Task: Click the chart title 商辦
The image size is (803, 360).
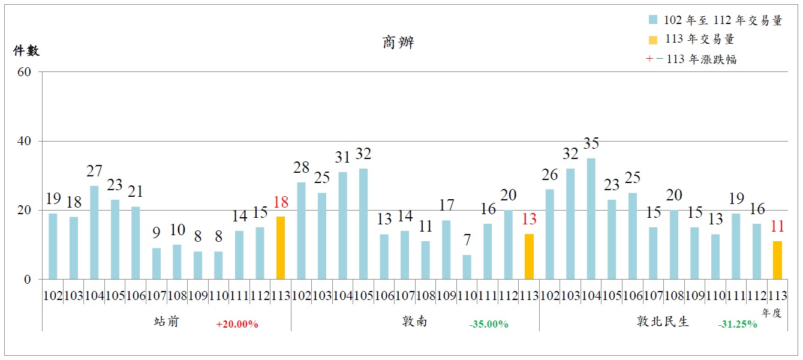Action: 398,43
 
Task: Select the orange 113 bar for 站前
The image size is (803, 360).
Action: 281,248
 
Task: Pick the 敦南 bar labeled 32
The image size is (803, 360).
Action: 363,224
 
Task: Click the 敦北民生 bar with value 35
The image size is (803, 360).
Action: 591,218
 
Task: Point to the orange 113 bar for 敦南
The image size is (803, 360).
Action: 529,257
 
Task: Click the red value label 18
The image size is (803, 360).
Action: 281,202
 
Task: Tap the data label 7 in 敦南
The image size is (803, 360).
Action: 467,241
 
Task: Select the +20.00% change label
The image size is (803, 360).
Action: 237,325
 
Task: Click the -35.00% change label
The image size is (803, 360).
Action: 489,325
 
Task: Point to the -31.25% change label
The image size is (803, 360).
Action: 738,325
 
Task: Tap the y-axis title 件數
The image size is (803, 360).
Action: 26,51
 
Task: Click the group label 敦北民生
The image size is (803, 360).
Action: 663,322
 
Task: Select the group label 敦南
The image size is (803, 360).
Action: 415,322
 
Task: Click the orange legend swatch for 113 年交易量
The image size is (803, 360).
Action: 653,40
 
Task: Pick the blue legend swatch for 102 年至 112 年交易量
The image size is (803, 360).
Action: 653,20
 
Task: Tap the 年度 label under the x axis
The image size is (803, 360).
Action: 772,312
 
